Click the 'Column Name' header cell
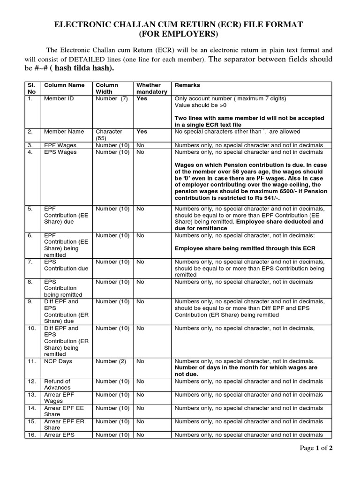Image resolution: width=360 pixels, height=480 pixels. pos(64,85)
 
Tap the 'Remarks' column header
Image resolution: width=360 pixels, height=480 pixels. pos(187,85)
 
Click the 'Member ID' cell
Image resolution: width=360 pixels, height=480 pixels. pos(58,99)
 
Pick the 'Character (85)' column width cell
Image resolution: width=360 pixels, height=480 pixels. pos(109,135)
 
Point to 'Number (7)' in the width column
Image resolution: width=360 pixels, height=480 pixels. pos(112,99)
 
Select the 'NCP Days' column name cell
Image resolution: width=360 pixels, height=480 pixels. pos(58,361)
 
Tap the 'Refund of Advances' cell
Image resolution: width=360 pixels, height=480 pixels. pos(57,384)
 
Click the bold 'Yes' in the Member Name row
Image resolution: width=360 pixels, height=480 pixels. pos(142,132)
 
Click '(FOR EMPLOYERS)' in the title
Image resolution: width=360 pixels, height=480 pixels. pos(180,34)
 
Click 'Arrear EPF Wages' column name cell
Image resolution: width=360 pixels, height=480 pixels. pos(58,397)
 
